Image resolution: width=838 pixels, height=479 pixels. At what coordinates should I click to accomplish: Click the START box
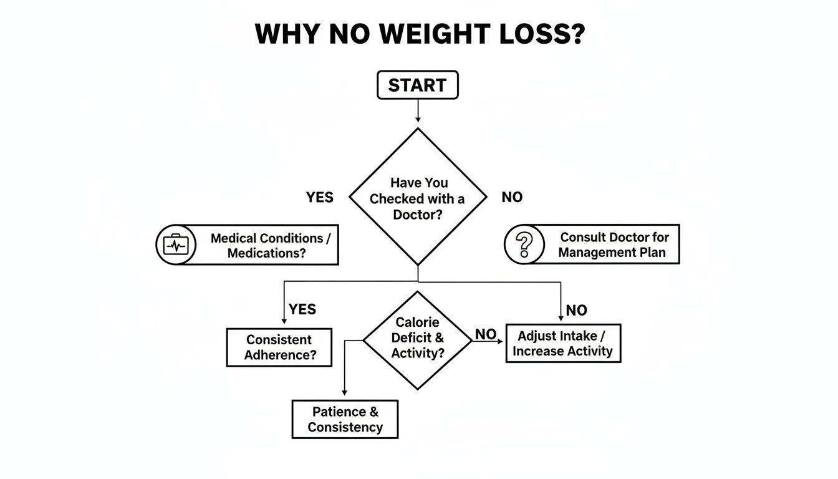pos(418,85)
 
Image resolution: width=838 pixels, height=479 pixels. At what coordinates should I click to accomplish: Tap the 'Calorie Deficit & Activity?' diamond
pos(418,338)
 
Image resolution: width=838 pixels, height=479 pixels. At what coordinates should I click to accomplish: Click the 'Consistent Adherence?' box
pos(279,347)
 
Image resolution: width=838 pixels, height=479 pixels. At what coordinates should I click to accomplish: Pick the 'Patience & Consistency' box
pos(345,419)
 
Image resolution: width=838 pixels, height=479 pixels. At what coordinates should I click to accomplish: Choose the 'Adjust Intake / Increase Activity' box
pos(563,344)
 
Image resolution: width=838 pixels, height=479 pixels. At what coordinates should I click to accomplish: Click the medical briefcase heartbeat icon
pos(175,245)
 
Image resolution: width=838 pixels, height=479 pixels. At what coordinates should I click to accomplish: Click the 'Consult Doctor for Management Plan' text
pos(612,245)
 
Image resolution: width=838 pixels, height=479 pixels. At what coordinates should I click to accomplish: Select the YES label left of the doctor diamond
pos(320,198)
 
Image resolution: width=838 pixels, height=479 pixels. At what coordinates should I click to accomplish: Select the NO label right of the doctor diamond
pos(512,198)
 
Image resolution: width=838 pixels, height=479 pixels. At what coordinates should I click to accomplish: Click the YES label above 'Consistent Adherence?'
pos(302,309)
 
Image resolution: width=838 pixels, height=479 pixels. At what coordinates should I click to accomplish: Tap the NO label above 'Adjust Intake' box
pos(577,310)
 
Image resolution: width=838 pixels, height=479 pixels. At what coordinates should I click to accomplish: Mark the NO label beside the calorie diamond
pos(486,335)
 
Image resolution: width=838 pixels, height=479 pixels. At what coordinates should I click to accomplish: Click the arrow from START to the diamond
pos(418,111)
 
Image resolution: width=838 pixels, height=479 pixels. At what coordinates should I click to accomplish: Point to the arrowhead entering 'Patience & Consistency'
pos(345,392)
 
